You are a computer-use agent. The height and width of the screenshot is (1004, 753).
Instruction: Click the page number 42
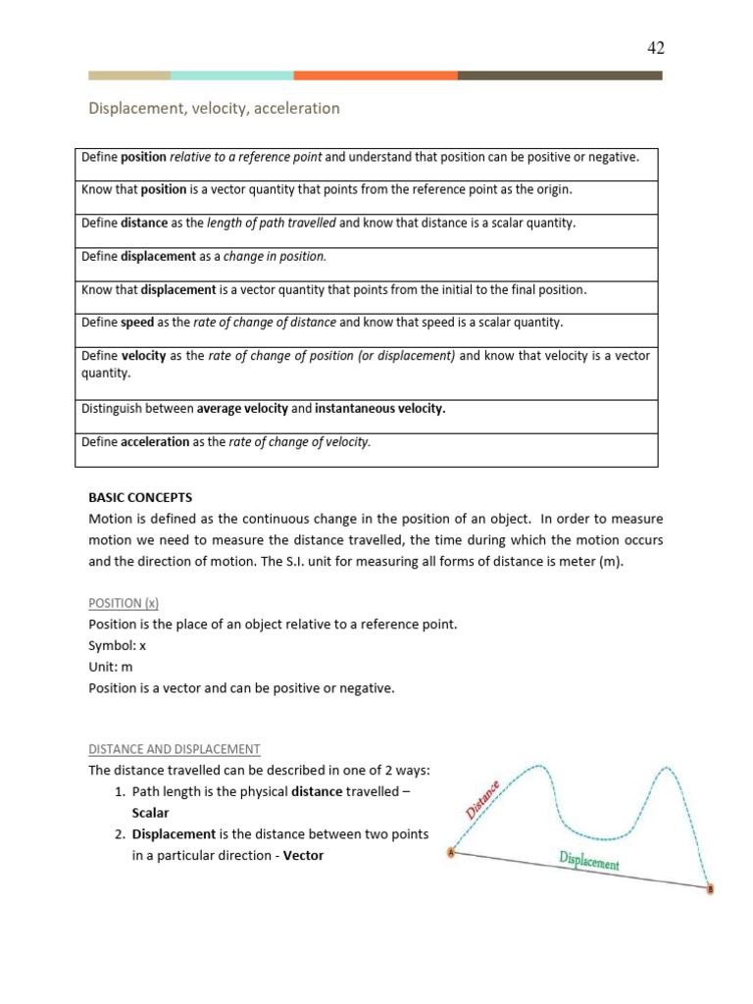click(x=656, y=48)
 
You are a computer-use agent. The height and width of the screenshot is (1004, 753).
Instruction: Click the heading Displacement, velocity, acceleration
click(x=214, y=109)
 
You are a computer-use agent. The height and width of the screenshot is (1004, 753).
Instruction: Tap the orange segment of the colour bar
click(x=375, y=75)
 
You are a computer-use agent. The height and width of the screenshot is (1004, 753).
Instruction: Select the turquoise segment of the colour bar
click(x=231, y=75)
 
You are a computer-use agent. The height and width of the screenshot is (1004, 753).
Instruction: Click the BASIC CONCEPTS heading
click(x=140, y=497)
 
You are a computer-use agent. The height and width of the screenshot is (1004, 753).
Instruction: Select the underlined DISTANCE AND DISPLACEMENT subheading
click(x=175, y=749)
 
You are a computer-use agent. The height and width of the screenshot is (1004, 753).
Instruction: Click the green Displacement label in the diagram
click(x=588, y=862)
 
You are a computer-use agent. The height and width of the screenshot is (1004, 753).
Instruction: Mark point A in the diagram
click(x=451, y=852)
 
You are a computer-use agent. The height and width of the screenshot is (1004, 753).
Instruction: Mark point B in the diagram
click(x=710, y=889)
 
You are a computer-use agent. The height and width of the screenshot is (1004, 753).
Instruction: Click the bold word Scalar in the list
click(x=150, y=813)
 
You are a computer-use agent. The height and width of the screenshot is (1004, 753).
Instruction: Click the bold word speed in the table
click(x=137, y=323)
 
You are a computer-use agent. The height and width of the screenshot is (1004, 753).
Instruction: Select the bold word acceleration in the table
click(x=155, y=442)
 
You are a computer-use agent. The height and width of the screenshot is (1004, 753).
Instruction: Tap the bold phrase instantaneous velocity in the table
click(x=379, y=409)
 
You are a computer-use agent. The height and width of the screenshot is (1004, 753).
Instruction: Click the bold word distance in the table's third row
click(x=144, y=224)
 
